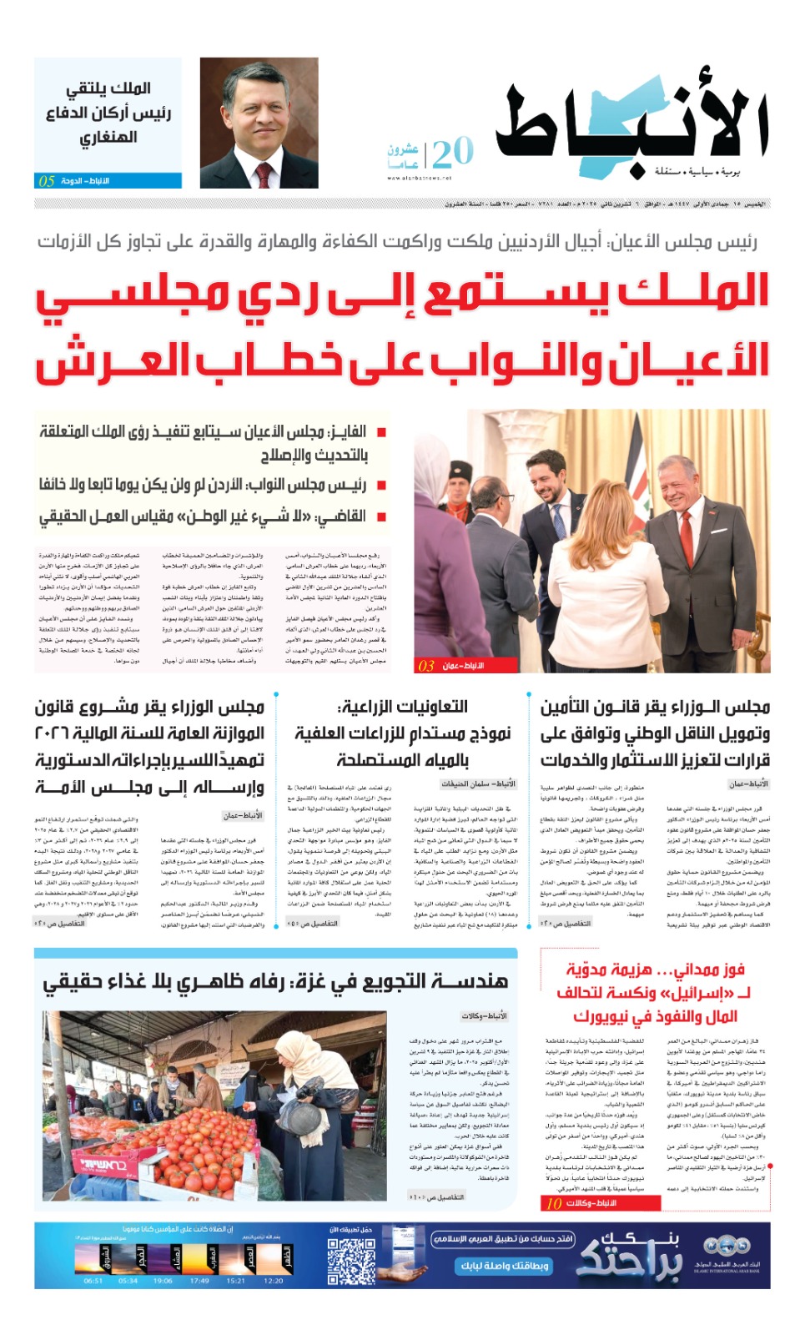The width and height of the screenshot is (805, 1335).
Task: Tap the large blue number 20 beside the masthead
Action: click(453, 153)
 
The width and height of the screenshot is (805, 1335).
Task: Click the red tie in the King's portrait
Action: click(264, 174)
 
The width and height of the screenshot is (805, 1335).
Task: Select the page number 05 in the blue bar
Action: click(47, 181)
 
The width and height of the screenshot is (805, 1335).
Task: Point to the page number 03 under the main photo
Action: click(426, 666)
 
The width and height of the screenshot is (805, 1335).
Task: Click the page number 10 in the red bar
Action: click(554, 1203)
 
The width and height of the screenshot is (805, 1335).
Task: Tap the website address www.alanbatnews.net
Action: click(419, 178)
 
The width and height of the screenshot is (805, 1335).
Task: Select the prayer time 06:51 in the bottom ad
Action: click(93, 1281)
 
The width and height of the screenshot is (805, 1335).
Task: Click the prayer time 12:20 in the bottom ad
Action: click(273, 1281)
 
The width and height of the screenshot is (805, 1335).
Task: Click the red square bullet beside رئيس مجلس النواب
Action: click(381, 485)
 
